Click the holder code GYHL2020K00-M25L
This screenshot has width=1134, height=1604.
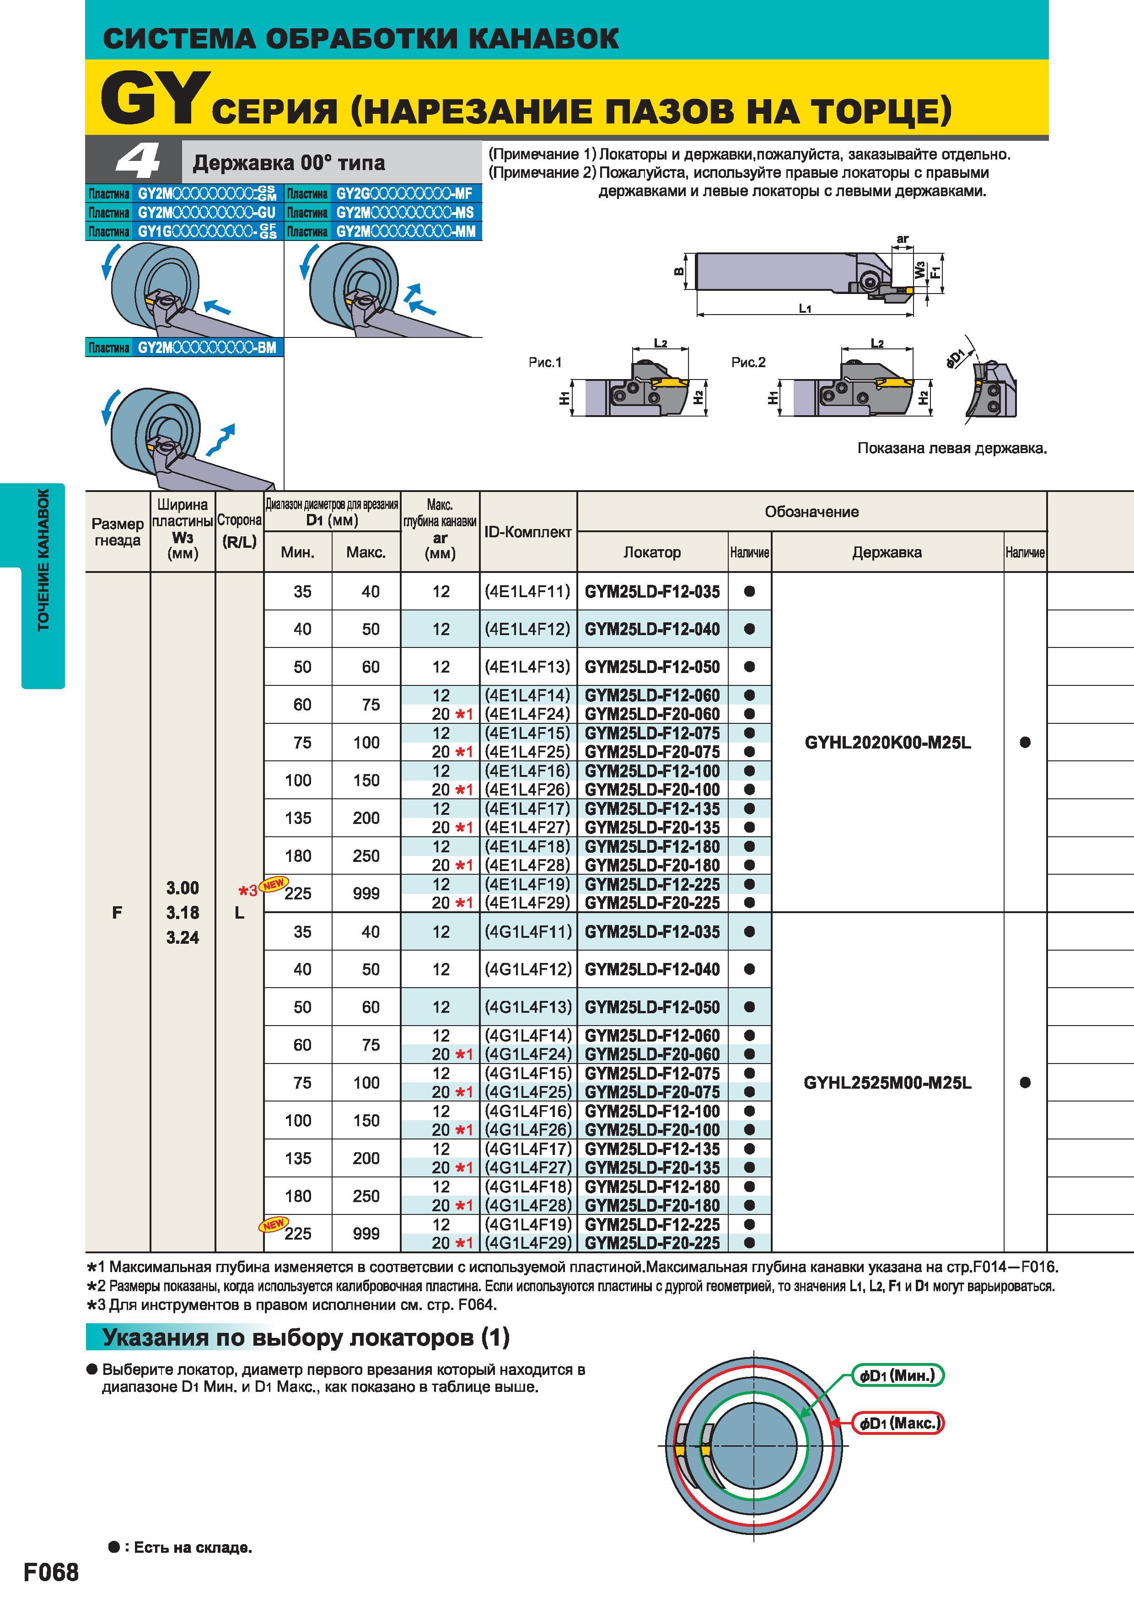point(887,743)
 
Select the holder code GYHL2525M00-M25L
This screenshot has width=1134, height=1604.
point(887,1083)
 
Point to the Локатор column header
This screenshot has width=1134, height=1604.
point(652,552)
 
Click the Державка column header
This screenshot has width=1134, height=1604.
point(887,552)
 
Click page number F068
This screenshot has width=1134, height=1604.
point(52,1572)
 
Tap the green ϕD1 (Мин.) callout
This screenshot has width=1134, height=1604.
point(897,1375)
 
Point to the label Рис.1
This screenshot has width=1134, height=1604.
point(545,362)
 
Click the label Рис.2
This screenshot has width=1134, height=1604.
point(748,362)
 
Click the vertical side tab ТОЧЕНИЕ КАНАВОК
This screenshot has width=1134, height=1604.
point(43,559)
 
